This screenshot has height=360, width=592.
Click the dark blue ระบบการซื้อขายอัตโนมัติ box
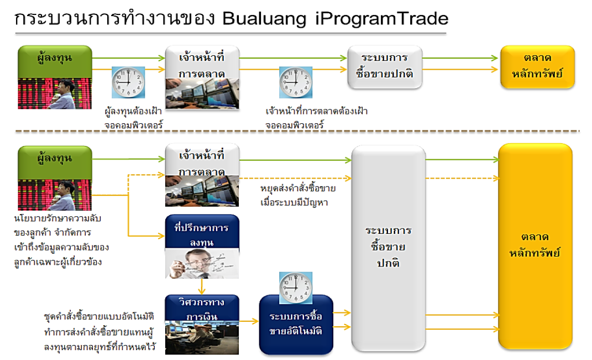pyautogui.click(x=296, y=325)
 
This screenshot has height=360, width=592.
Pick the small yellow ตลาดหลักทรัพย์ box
pyautogui.click(x=537, y=66)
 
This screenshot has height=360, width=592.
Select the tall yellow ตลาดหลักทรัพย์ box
pyautogui.click(x=535, y=246)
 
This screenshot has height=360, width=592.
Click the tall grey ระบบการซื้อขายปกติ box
pyautogui.click(x=388, y=246)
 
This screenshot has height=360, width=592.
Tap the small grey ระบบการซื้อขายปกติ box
pyautogui.click(x=385, y=66)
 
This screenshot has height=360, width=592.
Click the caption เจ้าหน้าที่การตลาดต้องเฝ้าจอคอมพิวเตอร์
pyautogui.click(x=316, y=118)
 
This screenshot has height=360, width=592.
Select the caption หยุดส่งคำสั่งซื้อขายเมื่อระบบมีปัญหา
pyautogui.click(x=298, y=195)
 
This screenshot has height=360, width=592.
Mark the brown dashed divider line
pyautogui.click(x=298, y=132)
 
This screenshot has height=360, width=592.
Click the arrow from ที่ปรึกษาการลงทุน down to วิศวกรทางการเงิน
pyautogui.click(x=202, y=286)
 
